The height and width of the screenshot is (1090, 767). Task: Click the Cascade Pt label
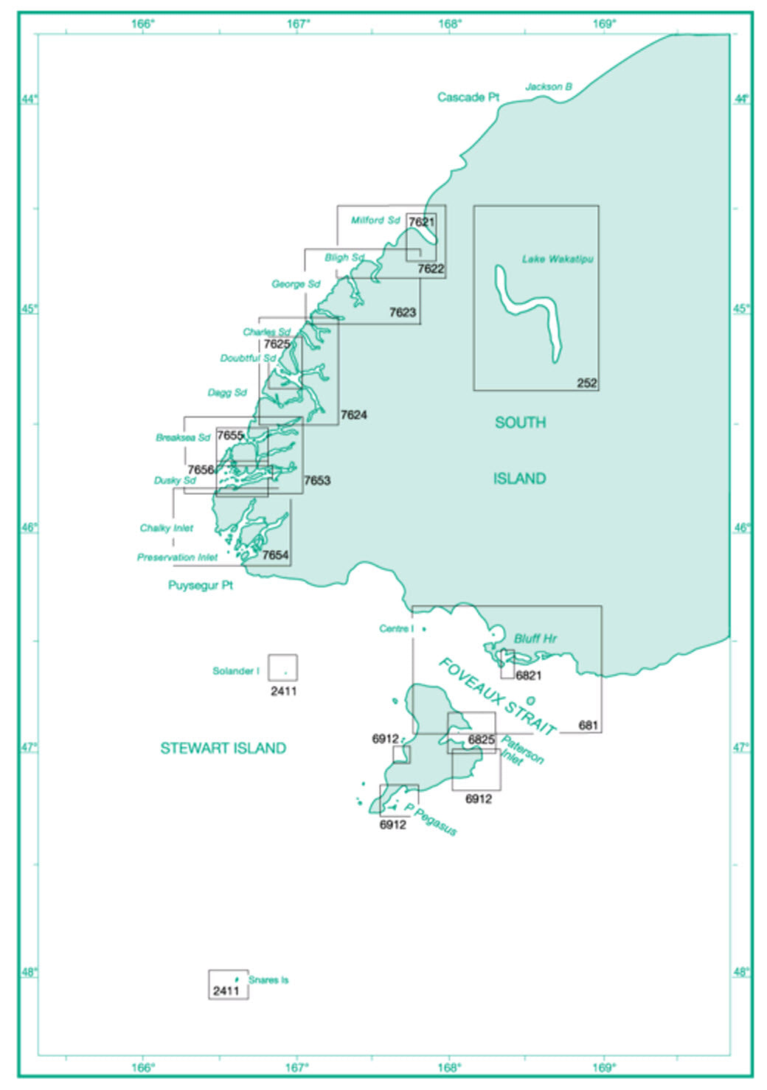click(x=468, y=97)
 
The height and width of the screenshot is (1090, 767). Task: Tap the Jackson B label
click(x=548, y=87)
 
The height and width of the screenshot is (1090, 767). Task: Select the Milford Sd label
click(x=375, y=221)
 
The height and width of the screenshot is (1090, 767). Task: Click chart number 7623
click(x=403, y=313)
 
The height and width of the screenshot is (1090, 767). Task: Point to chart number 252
click(x=587, y=383)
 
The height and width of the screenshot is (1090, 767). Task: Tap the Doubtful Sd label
click(x=248, y=358)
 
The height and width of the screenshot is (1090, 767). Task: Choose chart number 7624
click(x=353, y=415)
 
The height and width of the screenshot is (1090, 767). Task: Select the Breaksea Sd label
click(x=183, y=438)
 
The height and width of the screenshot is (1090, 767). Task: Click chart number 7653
click(x=317, y=481)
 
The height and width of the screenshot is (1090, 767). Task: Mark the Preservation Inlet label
click(x=177, y=558)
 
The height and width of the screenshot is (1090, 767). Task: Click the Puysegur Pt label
click(x=201, y=586)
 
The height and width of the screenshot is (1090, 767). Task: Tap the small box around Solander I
click(x=283, y=667)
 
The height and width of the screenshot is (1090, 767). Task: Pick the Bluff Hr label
click(x=535, y=639)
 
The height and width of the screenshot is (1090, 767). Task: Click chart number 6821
click(x=529, y=676)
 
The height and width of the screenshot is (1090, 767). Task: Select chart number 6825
click(x=482, y=740)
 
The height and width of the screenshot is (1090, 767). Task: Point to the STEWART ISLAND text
click(x=223, y=749)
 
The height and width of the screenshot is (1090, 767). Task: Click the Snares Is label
click(x=268, y=980)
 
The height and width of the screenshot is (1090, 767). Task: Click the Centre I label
click(x=396, y=629)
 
